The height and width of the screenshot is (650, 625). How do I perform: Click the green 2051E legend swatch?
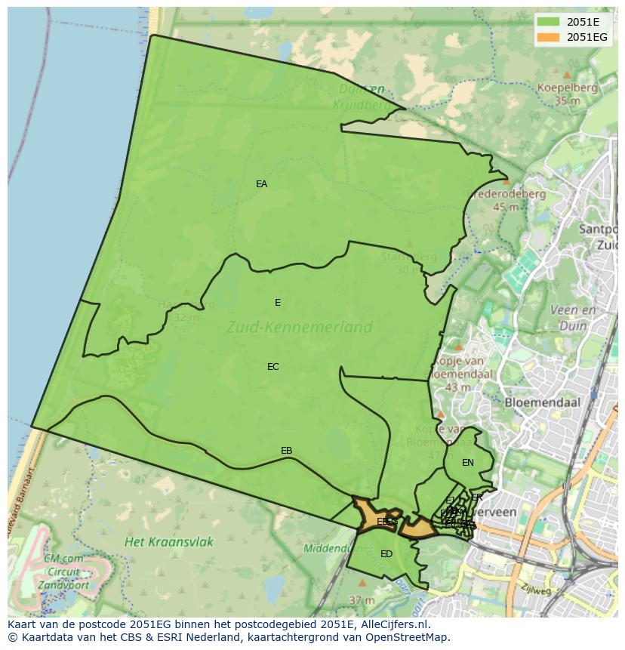click(549, 22)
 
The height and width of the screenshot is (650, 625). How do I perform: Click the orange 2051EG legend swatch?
click(549, 37)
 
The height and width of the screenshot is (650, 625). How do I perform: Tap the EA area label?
click(261, 184)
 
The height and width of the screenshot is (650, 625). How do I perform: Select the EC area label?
click(272, 367)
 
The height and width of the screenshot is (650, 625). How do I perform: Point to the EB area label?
click(286, 451)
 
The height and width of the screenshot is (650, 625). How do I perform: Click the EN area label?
click(467, 463)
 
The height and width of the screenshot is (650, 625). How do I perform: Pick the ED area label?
click(386, 554)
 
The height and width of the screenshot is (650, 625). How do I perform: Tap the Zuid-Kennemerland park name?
click(299, 327)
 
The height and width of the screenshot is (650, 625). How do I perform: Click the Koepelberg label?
click(567, 88)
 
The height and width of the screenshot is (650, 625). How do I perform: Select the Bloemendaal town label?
click(542, 402)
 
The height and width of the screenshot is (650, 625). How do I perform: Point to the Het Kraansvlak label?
click(169, 541)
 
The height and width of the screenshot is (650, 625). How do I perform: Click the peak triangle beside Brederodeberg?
click(506, 182)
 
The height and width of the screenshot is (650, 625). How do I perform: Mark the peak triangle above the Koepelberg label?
click(566, 75)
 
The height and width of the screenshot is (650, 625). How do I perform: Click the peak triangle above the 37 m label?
click(362, 583)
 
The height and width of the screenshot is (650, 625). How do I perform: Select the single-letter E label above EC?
click(277, 303)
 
